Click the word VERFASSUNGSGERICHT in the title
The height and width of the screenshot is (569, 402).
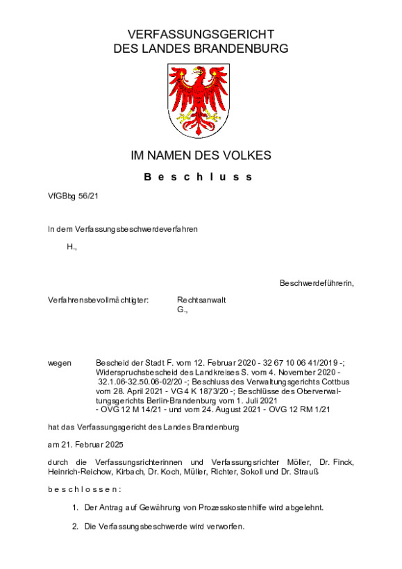(x=201, y=35)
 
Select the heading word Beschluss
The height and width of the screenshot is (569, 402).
(x=200, y=177)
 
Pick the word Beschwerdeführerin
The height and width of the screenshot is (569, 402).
(x=317, y=283)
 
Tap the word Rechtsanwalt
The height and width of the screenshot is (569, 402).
(x=201, y=300)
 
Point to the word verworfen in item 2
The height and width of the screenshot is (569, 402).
(x=224, y=527)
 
